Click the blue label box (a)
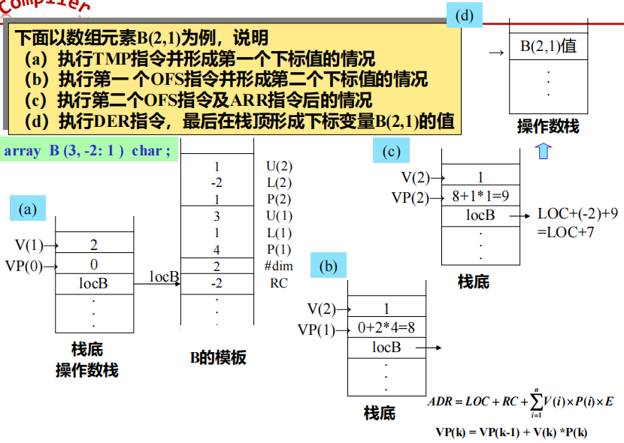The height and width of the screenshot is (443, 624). pyautogui.click(x=29, y=209)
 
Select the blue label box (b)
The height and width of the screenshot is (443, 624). pyautogui.click(x=329, y=267)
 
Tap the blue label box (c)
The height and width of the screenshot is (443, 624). pyautogui.click(x=392, y=152)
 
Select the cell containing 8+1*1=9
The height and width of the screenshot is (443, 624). pyautogui.click(x=480, y=197)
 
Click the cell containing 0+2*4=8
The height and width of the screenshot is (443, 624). pyautogui.click(x=386, y=328)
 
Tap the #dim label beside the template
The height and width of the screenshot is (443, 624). pyautogui.click(x=278, y=267)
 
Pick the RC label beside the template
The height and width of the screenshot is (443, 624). pyautogui.click(x=278, y=283)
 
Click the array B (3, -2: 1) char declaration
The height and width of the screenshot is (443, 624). pyautogui.click(x=87, y=151)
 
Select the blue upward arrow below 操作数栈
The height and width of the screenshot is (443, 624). pyautogui.click(x=544, y=151)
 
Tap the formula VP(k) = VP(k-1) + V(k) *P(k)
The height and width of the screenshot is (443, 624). pyautogui.click(x=511, y=432)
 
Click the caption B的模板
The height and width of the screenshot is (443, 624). pyautogui.click(x=217, y=357)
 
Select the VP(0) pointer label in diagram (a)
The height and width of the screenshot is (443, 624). pyautogui.click(x=23, y=264)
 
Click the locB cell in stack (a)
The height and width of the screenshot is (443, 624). pyautogui.click(x=93, y=283)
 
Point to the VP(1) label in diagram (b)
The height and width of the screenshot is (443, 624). pyautogui.click(x=316, y=329)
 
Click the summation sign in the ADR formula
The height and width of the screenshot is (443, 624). pyautogui.click(x=535, y=402)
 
